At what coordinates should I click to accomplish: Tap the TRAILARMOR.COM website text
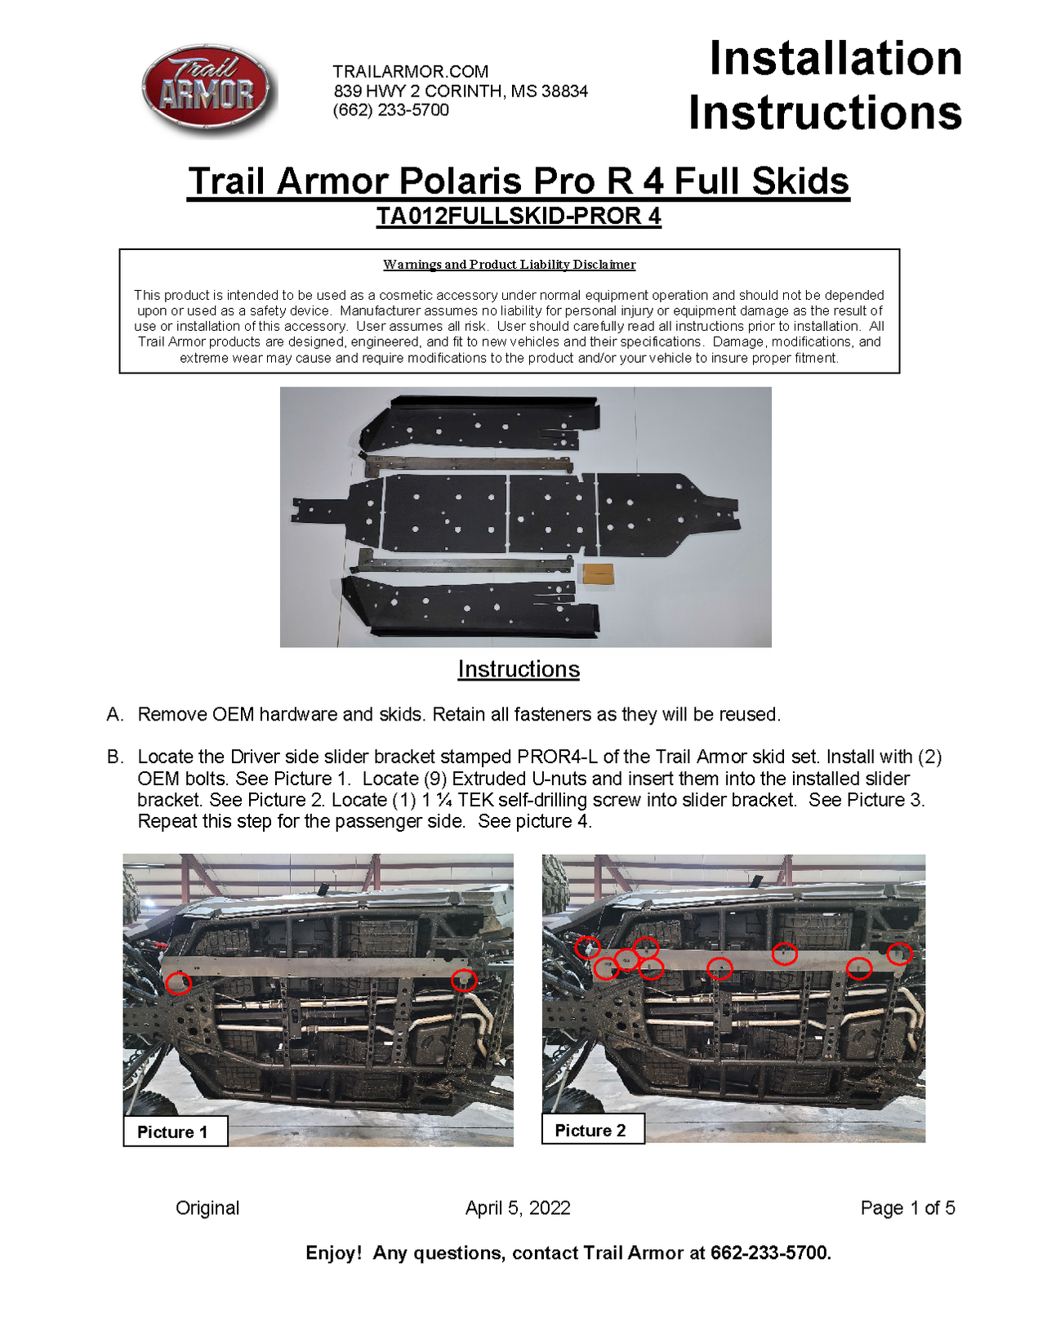click(x=410, y=71)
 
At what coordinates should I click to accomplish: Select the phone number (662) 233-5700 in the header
click(x=390, y=109)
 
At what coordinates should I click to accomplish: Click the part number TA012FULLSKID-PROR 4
click(x=518, y=217)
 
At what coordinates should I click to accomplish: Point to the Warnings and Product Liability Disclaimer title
click(x=509, y=265)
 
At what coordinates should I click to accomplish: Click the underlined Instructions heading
click(x=518, y=669)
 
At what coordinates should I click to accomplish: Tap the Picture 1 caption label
click(x=173, y=1132)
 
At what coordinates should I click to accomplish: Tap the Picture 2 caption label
click(x=590, y=1130)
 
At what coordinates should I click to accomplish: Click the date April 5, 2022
click(x=517, y=1208)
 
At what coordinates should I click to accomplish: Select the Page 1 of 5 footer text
click(x=907, y=1208)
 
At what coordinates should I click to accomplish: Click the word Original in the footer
click(x=207, y=1208)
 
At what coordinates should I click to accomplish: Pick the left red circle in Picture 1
click(x=178, y=983)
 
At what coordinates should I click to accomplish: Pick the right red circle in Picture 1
click(x=463, y=979)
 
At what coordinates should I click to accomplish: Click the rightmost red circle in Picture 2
click(x=899, y=953)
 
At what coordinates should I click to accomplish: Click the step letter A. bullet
click(x=115, y=715)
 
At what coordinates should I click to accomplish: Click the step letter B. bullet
click(x=115, y=757)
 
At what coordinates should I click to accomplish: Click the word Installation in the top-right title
click(x=835, y=59)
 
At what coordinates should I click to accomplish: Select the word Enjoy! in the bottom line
click(x=333, y=1252)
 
